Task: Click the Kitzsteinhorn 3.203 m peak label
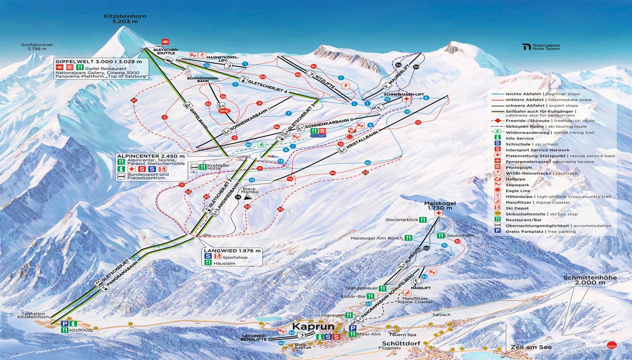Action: (125, 19)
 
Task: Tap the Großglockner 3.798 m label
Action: (37, 47)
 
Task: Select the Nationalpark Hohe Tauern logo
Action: (541, 47)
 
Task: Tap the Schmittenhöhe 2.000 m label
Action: (589, 280)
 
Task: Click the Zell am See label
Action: (526, 347)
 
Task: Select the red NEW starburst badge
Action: (224, 111)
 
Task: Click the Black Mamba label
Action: (249, 190)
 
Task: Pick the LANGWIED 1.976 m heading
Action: (232, 251)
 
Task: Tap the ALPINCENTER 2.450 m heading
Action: (151, 156)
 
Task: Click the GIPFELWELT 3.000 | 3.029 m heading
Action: (99, 61)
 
